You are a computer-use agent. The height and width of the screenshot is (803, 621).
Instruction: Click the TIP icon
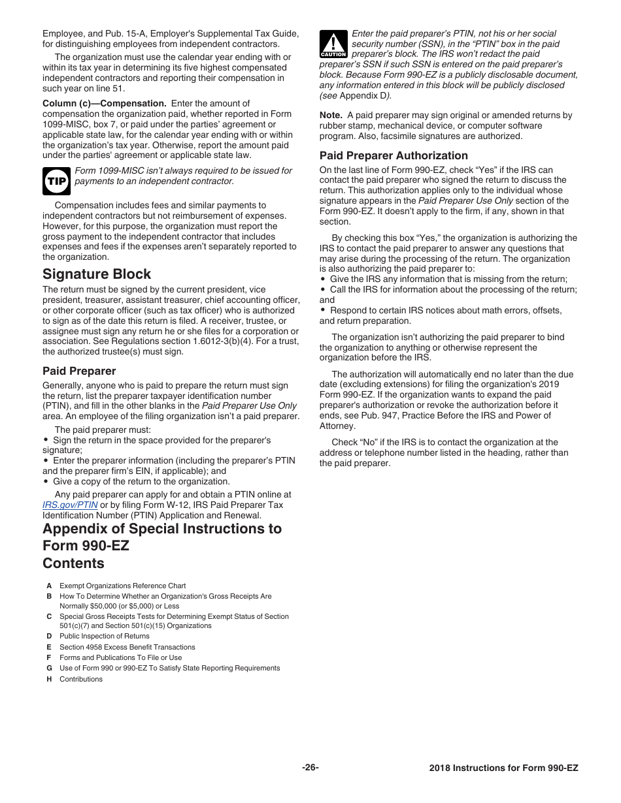click(x=56, y=181)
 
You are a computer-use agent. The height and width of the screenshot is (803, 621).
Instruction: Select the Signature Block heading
click(x=96, y=274)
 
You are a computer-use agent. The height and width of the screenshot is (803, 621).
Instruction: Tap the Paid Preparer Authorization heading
click(x=394, y=155)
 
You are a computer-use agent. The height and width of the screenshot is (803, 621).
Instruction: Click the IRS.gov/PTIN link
click(x=70, y=505)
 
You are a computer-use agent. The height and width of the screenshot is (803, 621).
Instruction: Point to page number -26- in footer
click(x=310, y=768)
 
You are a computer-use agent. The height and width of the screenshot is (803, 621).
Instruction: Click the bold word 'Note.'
click(x=331, y=116)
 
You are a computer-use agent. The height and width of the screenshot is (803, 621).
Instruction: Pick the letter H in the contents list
click(x=49, y=679)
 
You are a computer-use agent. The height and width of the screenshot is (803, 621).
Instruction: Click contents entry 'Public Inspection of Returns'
click(x=105, y=636)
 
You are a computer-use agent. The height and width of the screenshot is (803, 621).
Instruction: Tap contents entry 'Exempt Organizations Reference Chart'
click(x=122, y=586)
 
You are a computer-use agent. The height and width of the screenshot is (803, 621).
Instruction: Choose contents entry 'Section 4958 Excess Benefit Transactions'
click(x=127, y=647)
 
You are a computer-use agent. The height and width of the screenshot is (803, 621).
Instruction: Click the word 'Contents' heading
click(x=73, y=563)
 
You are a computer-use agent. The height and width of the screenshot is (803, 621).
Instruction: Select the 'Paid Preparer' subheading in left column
click(x=79, y=371)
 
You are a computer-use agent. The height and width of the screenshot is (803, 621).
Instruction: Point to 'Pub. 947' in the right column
click(x=407, y=416)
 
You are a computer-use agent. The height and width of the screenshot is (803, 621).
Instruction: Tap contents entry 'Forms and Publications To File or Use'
click(x=120, y=657)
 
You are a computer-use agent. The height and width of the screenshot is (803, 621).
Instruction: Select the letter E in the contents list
click(x=49, y=647)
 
